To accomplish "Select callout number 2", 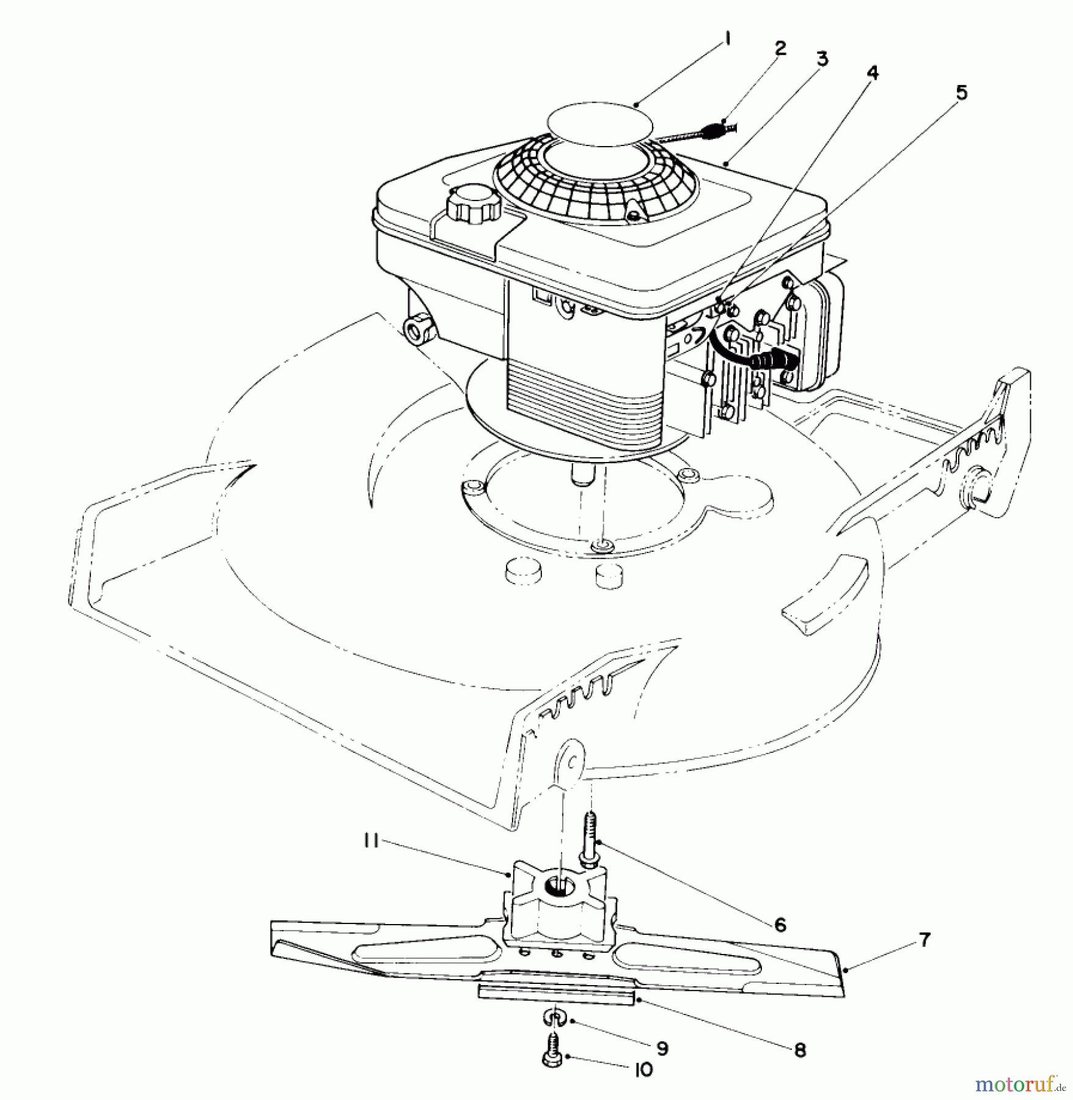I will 780,49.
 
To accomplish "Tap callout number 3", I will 822,59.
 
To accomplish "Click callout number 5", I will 961,93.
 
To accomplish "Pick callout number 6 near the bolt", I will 780,925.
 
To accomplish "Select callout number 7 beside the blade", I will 925,940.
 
